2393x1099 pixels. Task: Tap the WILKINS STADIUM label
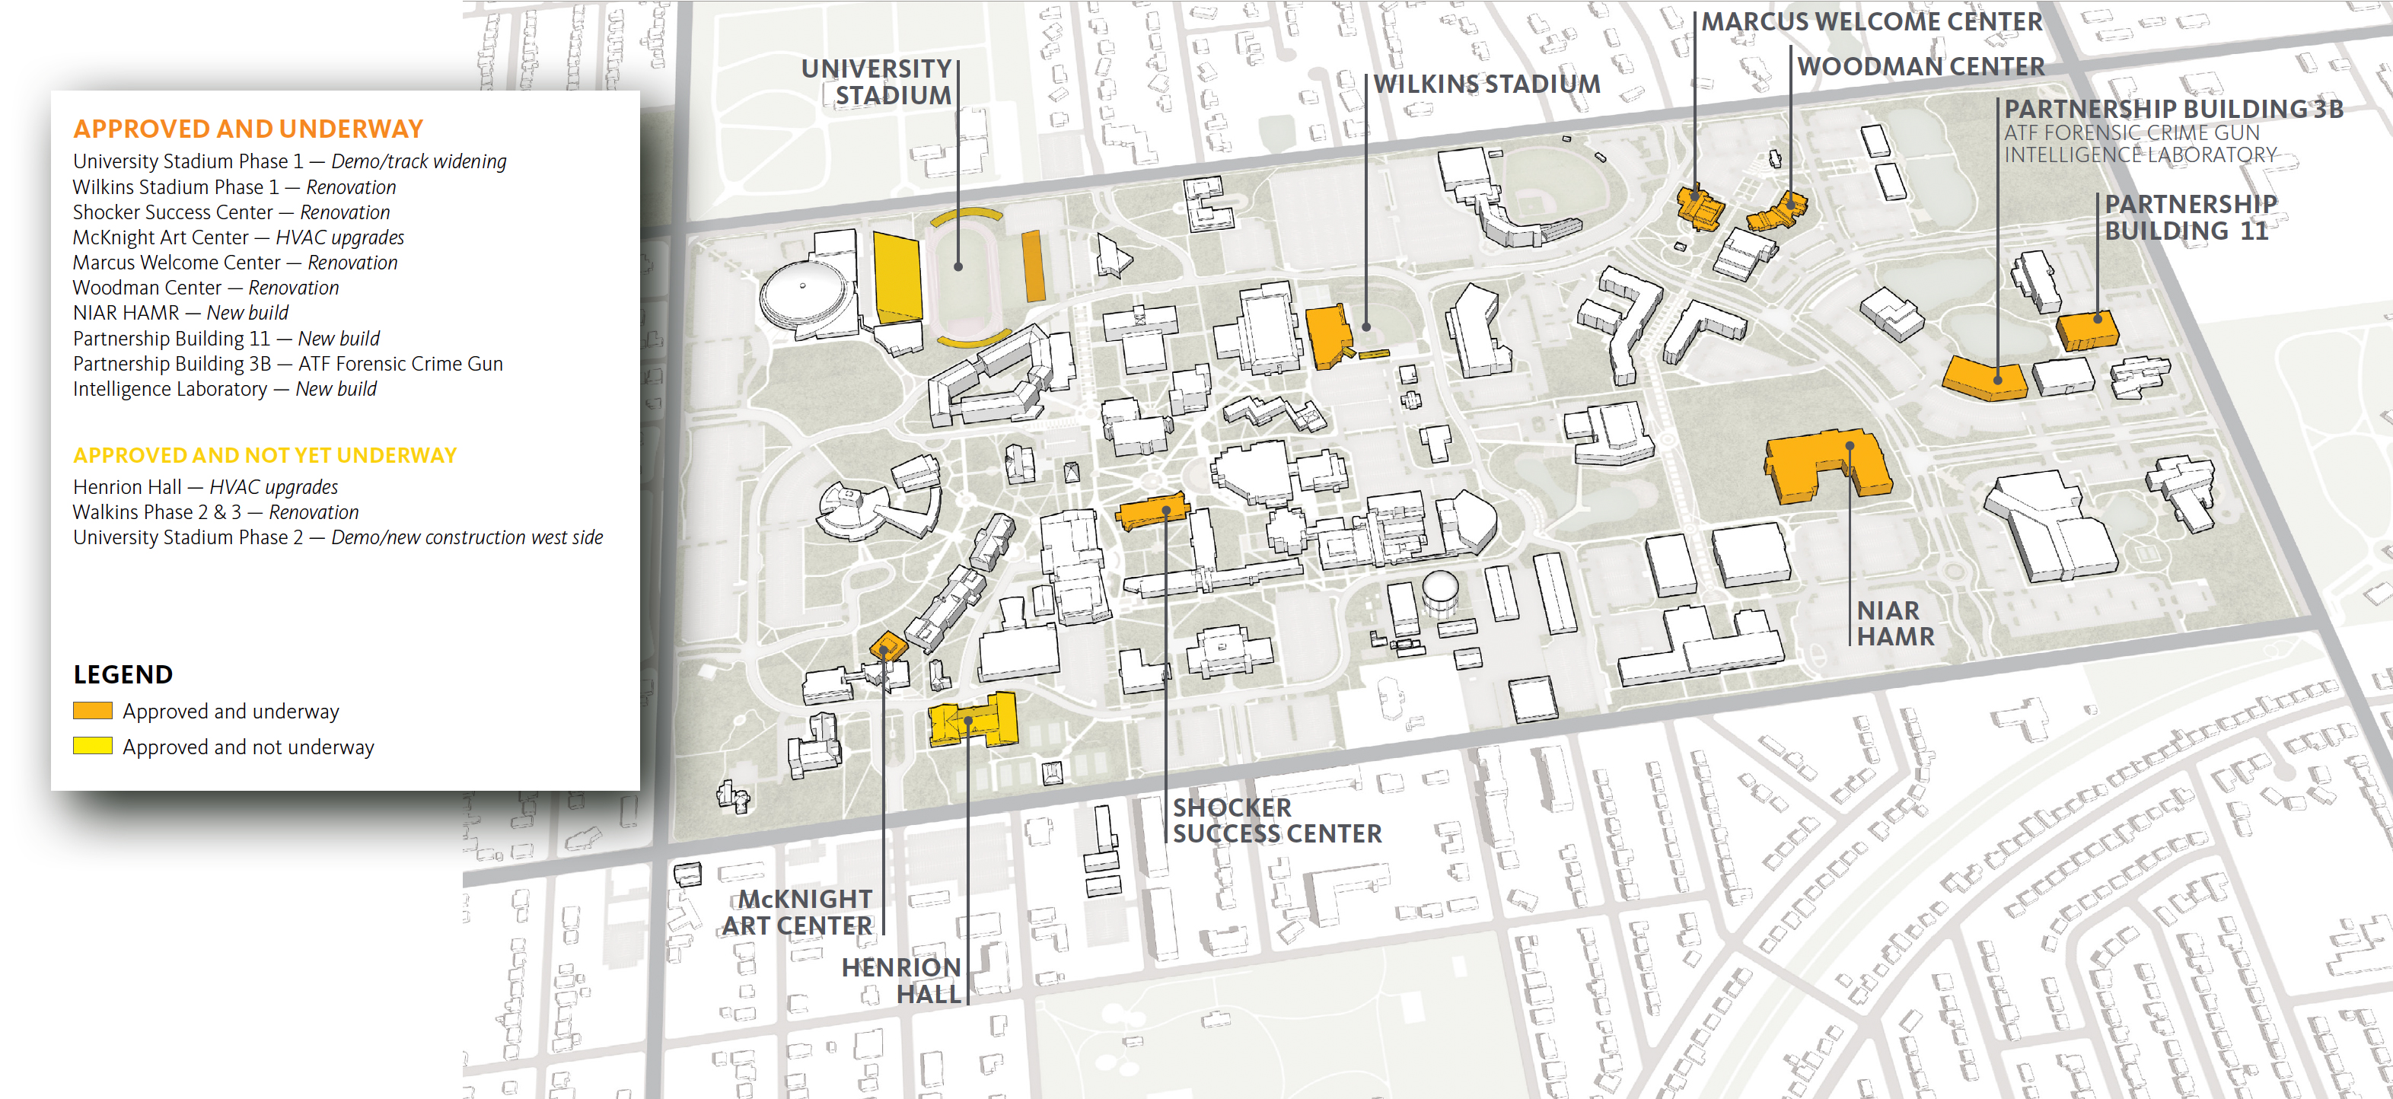point(1486,84)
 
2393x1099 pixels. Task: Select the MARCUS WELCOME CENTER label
point(1871,21)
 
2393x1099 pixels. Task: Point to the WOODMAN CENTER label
point(1920,66)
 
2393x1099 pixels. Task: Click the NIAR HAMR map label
point(1894,623)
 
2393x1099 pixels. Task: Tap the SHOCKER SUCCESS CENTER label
point(1276,820)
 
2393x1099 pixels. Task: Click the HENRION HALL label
point(901,980)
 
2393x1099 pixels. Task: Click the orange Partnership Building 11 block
point(2086,330)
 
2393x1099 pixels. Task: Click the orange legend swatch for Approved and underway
point(92,711)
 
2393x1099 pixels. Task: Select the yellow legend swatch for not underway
point(92,746)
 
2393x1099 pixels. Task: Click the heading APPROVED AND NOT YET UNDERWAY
point(265,455)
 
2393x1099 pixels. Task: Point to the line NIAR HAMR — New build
point(180,313)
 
